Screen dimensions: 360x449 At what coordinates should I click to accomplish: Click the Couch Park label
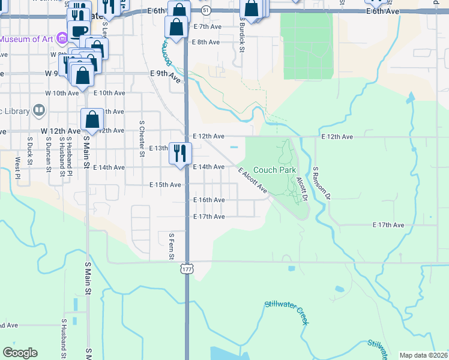tap(274, 170)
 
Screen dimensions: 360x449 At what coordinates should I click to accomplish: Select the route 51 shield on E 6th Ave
tap(206, 11)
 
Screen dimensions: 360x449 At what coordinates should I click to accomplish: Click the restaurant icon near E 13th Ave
tap(179, 154)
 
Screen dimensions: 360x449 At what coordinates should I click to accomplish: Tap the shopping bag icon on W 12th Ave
tap(92, 119)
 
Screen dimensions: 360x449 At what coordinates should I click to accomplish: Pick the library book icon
tap(38, 110)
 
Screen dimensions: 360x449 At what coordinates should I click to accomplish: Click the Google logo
tap(20, 352)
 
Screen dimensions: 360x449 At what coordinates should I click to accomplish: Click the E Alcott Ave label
tap(253, 181)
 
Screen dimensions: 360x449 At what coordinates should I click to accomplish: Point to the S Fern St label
tap(171, 247)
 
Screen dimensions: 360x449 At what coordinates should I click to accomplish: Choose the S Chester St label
tap(142, 139)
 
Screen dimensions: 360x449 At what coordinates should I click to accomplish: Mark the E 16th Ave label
tap(208, 200)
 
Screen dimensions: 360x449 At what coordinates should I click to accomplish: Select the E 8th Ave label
tap(205, 42)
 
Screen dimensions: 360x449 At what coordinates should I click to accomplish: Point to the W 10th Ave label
tap(62, 93)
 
